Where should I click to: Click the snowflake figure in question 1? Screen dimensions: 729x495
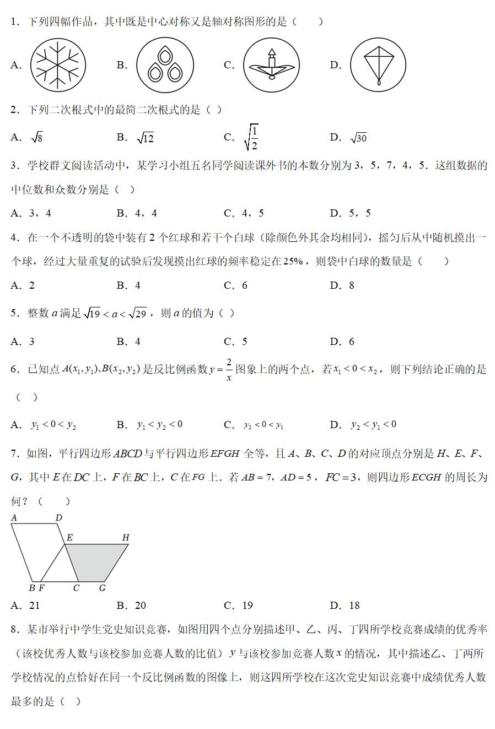(58, 65)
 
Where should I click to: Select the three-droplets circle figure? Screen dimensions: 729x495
(165, 65)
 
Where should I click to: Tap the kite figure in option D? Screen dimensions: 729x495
(378, 65)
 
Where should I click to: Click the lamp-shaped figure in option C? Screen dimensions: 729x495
(271, 65)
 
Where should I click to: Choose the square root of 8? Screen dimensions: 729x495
(37, 138)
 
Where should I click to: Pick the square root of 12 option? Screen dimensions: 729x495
(146, 138)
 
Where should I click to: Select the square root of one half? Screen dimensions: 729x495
(251, 138)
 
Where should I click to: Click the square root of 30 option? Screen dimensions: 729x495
(359, 138)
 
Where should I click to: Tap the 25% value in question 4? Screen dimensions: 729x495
(293, 262)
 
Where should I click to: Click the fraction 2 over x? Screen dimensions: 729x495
(228, 370)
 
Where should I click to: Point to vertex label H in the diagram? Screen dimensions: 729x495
(126, 537)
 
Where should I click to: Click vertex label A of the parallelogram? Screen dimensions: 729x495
(14, 518)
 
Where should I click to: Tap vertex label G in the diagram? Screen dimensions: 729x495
(102, 588)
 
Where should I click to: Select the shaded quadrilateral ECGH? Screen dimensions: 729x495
(96, 562)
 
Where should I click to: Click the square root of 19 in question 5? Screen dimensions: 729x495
(92, 314)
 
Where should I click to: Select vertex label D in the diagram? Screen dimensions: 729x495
(59, 518)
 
